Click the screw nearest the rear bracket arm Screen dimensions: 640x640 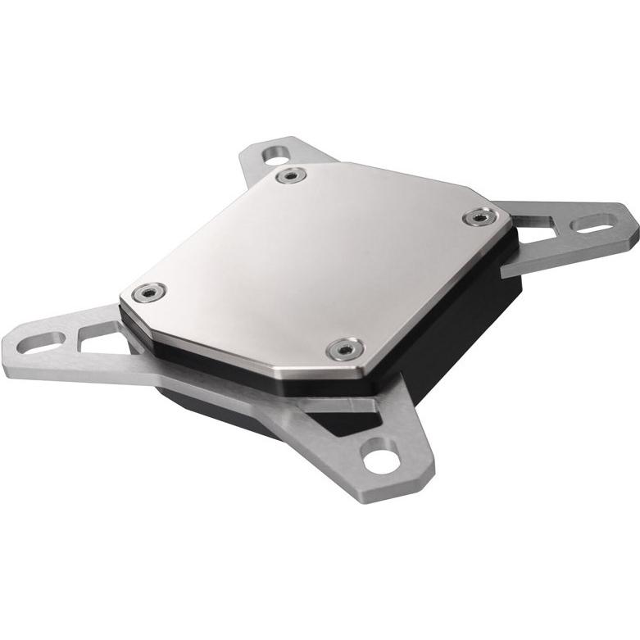point(288,176)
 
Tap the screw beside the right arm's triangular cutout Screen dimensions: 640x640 point(479,217)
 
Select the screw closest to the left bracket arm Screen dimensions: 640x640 point(148,292)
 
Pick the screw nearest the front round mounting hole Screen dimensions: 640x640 point(345,349)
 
